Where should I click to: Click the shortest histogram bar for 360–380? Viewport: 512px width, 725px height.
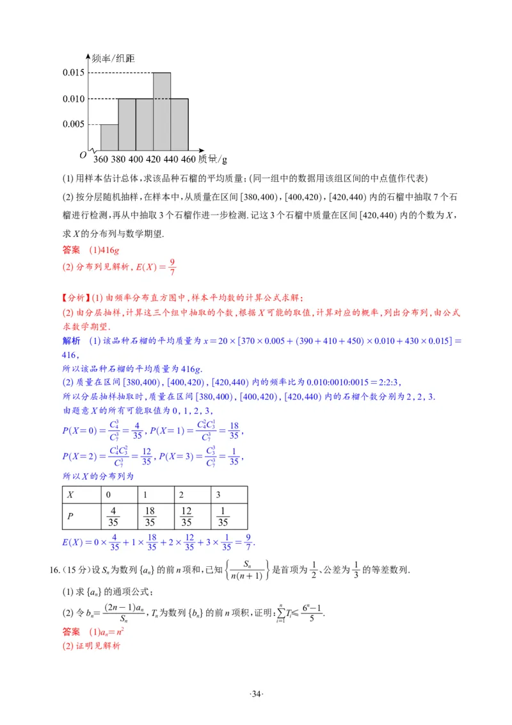pos(109,136)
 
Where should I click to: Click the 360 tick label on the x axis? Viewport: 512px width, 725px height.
pos(100,159)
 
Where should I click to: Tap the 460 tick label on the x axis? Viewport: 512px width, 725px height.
pos(188,159)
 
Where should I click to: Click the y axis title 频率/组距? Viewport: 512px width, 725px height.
pos(113,58)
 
